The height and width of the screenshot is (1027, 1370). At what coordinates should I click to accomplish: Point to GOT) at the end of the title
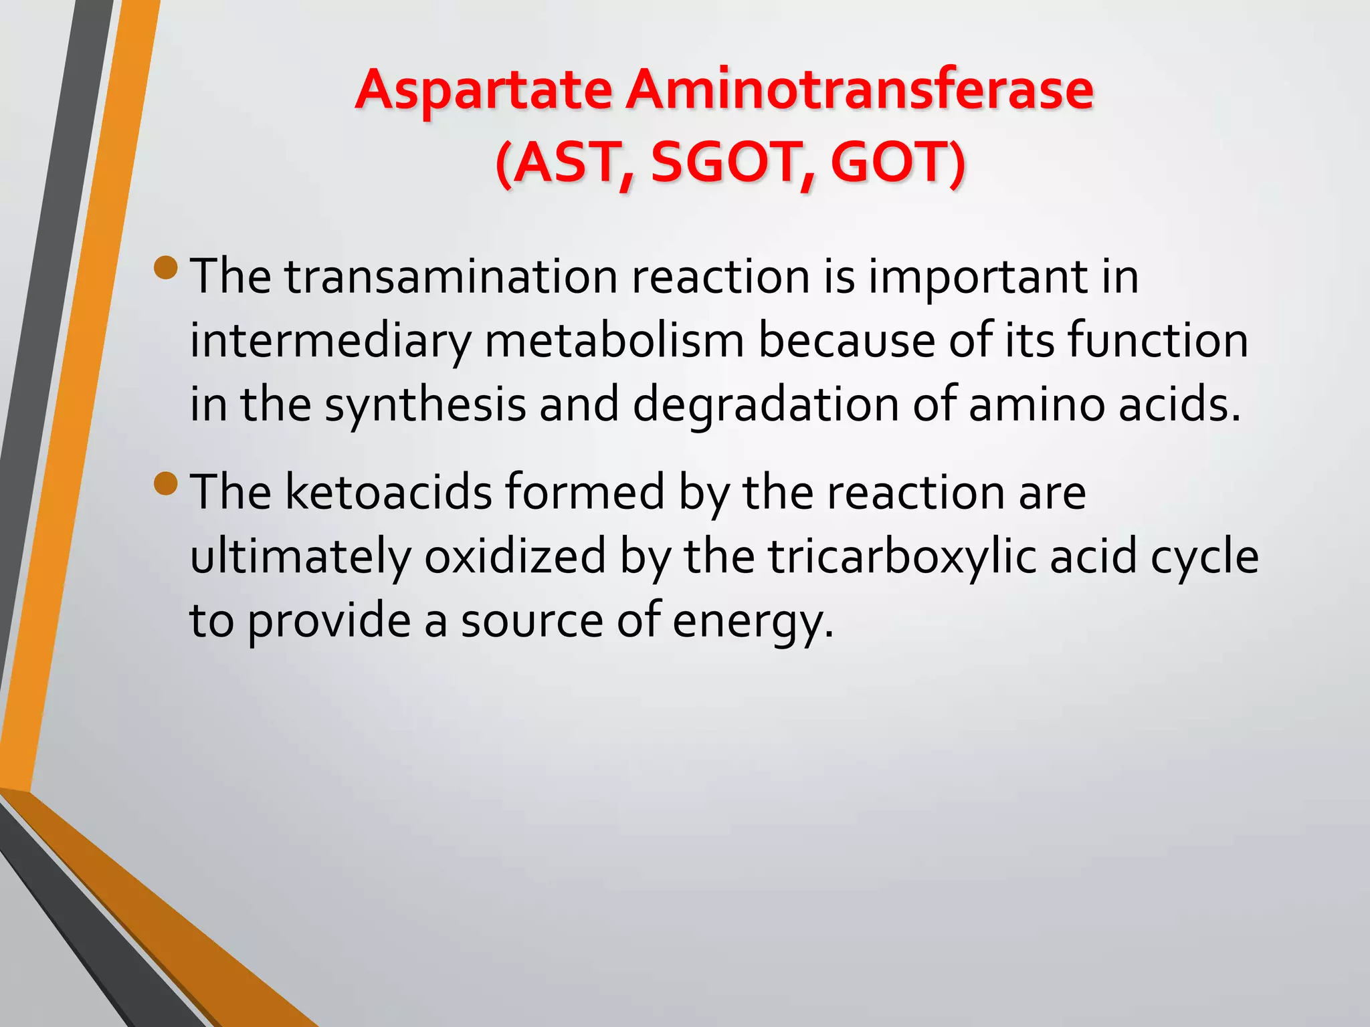(x=898, y=162)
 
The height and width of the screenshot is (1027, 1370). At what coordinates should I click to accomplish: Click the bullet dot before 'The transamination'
(x=165, y=267)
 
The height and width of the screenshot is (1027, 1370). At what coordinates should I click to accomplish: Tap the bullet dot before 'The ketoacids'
(x=165, y=483)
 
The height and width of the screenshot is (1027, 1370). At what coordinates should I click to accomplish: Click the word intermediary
(x=330, y=341)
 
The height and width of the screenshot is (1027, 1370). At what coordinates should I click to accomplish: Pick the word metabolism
(x=614, y=341)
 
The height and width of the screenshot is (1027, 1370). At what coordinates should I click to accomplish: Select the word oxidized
(x=515, y=556)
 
